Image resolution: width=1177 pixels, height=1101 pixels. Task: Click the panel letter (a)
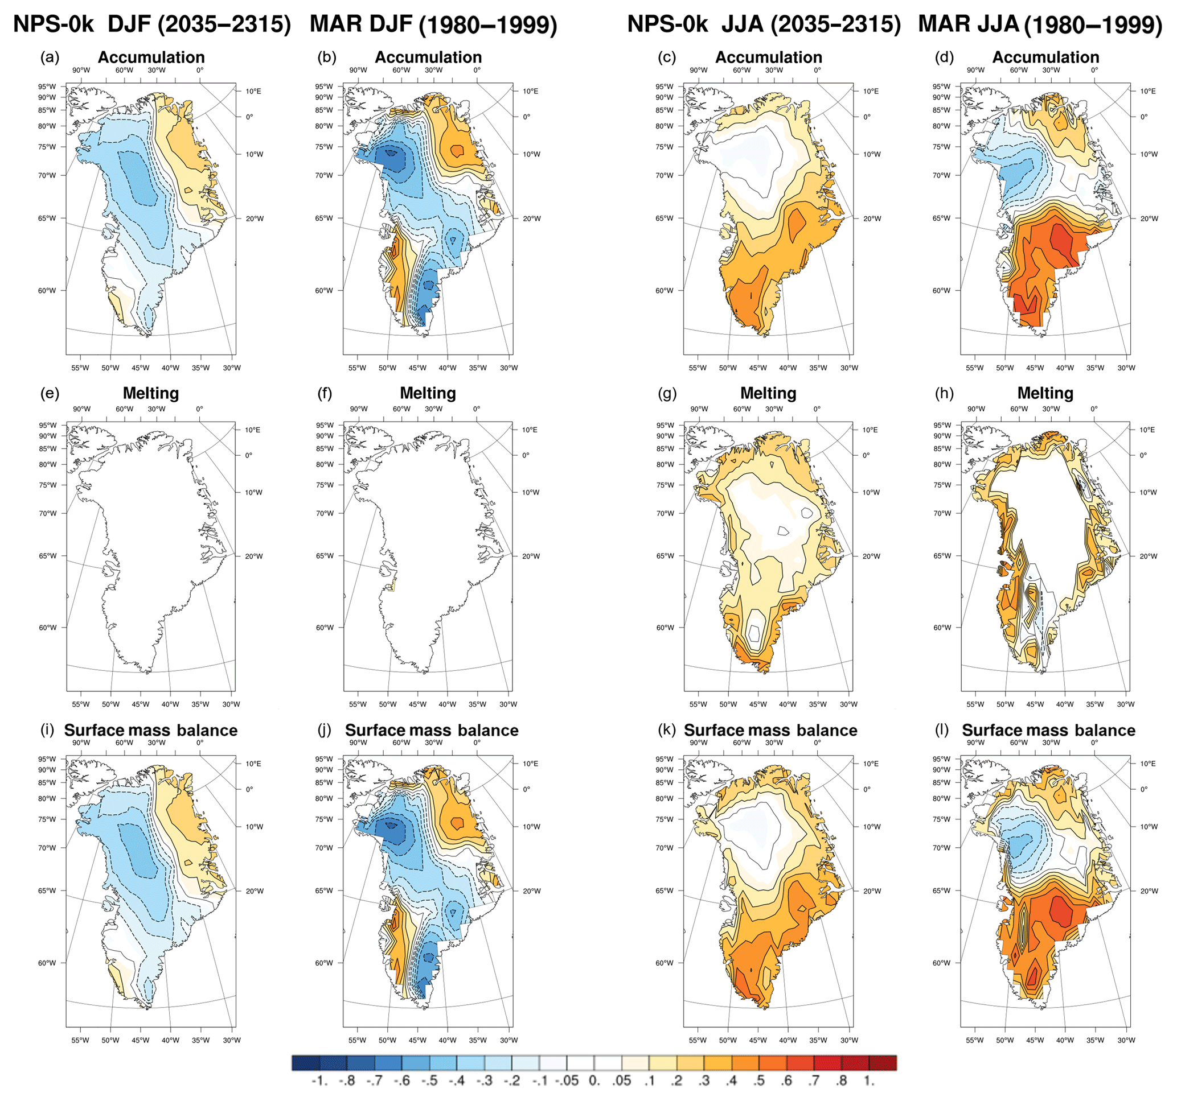(50, 57)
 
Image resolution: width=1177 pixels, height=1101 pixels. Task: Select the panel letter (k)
(667, 730)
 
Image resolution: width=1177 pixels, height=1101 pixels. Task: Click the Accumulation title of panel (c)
(769, 57)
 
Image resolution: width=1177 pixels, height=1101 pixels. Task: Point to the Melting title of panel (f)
(428, 393)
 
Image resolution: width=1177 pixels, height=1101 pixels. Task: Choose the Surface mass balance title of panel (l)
(1048, 730)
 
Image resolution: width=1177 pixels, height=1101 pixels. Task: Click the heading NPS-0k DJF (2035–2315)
(152, 24)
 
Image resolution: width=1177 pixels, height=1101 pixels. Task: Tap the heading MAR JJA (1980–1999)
(1040, 24)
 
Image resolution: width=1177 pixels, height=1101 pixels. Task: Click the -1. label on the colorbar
(319, 1081)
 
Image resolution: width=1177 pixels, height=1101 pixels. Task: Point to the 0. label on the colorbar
(594, 1081)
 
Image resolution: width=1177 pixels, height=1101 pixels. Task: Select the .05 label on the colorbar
(622, 1081)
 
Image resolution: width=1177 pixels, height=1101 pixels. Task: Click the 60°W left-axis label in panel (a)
(47, 291)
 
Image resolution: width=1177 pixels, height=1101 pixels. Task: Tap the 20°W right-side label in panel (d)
(1149, 218)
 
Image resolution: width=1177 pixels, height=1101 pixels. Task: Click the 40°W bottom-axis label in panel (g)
(788, 704)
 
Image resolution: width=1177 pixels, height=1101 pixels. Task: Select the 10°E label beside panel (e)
(252, 430)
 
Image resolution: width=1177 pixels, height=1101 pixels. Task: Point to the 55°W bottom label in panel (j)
(357, 1040)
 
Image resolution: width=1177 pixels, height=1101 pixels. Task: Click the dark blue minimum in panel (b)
(391, 152)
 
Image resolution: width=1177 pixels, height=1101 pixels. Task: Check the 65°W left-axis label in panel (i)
(47, 890)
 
